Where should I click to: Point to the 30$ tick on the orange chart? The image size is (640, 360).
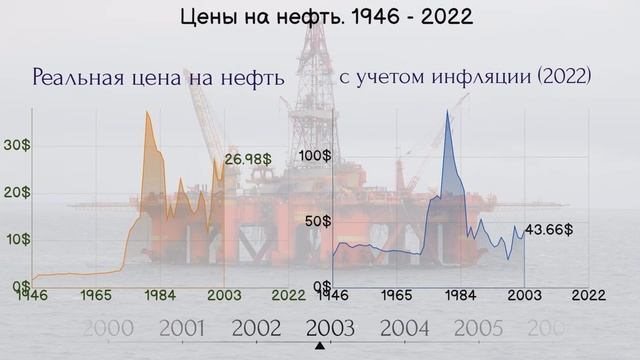[x=17, y=145]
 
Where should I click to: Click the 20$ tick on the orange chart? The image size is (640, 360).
[x=17, y=192]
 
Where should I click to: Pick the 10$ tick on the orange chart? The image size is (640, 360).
[x=17, y=239]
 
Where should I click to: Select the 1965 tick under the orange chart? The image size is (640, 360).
[x=96, y=296]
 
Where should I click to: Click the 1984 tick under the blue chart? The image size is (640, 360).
[x=460, y=296]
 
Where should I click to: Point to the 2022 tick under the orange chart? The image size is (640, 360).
[x=288, y=296]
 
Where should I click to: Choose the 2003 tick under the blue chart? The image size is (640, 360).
[x=524, y=296]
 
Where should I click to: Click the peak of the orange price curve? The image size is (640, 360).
[x=147, y=112]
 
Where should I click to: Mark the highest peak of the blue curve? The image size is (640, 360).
[x=447, y=110]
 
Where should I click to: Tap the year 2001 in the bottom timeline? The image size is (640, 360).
[x=182, y=328]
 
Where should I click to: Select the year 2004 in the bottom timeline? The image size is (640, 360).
[x=404, y=328]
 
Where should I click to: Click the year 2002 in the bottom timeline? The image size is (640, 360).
[x=256, y=328]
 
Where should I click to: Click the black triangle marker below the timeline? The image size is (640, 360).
[x=320, y=346]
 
